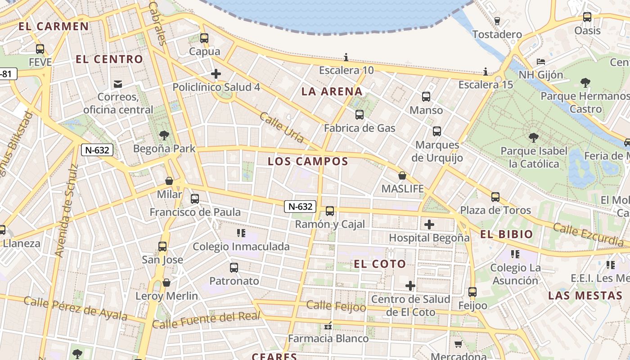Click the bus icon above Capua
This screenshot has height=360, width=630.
coord(204,38)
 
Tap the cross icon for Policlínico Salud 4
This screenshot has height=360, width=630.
coord(216,74)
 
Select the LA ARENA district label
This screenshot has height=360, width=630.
coord(332,92)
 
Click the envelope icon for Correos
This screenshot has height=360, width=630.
coord(118,84)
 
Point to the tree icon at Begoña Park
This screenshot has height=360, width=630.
coord(164,135)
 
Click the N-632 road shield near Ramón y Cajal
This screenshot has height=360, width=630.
coord(300,207)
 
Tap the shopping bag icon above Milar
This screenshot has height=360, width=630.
coord(169,181)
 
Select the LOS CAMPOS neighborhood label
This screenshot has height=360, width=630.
coord(308,162)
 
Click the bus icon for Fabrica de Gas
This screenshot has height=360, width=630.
coord(359,115)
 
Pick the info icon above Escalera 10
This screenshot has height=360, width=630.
coord(346,57)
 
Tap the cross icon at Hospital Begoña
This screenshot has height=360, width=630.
coord(429,224)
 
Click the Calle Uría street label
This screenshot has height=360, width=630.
coord(282,127)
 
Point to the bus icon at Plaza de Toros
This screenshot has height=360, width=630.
coord(495,197)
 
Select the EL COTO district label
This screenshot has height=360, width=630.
coord(380,264)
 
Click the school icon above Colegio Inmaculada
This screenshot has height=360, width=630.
coord(241,233)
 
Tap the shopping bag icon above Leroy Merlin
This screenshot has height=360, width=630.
coord(166,283)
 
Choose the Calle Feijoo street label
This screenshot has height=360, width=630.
coord(336,306)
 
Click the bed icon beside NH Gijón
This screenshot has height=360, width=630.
coord(540,62)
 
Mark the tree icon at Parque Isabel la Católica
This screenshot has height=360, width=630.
coord(534,137)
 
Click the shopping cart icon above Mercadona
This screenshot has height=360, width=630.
coord(458,344)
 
